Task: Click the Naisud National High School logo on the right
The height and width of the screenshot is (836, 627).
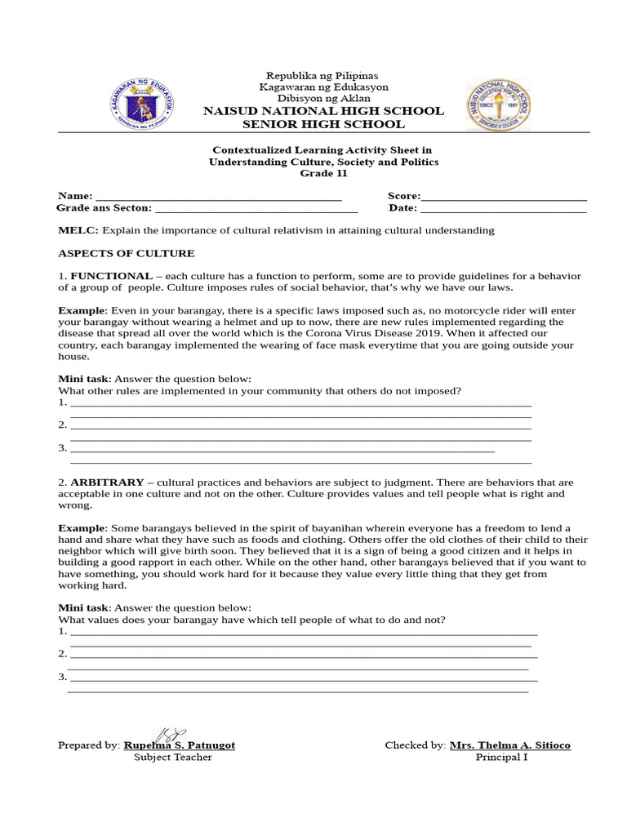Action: pyautogui.click(x=499, y=104)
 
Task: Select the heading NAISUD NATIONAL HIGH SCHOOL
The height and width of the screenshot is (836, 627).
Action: pyautogui.click(x=323, y=111)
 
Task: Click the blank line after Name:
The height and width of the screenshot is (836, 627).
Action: pyautogui.click(x=219, y=196)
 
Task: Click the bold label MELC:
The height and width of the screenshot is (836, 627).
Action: pyautogui.click(x=78, y=230)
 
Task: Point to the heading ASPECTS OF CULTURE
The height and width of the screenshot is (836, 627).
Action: pyautogui.click(x=127, y=253)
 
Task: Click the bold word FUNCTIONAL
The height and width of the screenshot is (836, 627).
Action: pyautogui.click(x=111, y=276)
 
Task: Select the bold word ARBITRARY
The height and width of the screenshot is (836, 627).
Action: pyautogui.click(x=107, y=482)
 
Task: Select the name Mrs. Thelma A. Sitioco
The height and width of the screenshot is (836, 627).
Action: pyautogui.click(x=510, y=745)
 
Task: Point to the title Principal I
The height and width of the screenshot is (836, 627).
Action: pyautogui.click(x=502, y=758)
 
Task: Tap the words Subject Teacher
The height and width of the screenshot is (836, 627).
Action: pyautogui.click(x=172, y=758)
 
